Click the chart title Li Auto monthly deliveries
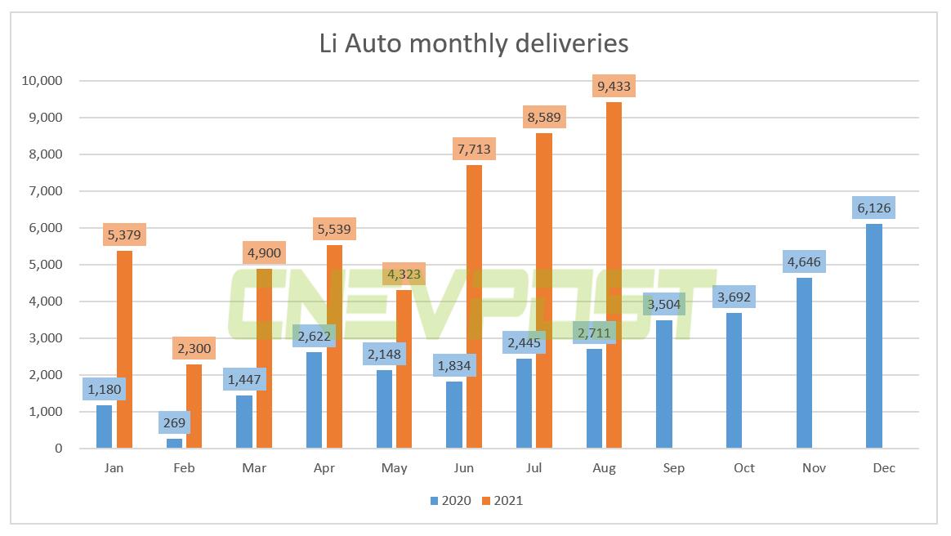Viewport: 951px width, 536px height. [474, 42]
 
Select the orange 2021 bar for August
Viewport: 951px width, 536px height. [614, 275]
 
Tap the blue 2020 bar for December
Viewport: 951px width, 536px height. [874, 336]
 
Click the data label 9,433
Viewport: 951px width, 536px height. [614, 87]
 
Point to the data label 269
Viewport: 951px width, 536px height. [175, 423]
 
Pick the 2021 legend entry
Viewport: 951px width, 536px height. [500, 500]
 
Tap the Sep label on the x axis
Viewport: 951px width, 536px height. [674, 468]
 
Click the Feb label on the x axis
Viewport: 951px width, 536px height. [183, 468]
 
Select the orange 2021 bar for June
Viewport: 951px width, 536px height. [474, 306]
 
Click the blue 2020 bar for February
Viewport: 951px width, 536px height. [174, 443]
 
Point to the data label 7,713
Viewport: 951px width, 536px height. [474, 150]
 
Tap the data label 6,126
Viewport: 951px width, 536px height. [874, 208]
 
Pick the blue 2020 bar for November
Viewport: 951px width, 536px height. [805, 363]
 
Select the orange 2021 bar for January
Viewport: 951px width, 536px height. [124, 349]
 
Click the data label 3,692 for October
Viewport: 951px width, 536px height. [734, 297]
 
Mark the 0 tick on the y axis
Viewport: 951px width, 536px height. [57, 449]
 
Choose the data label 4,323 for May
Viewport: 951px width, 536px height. [404, 275]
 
